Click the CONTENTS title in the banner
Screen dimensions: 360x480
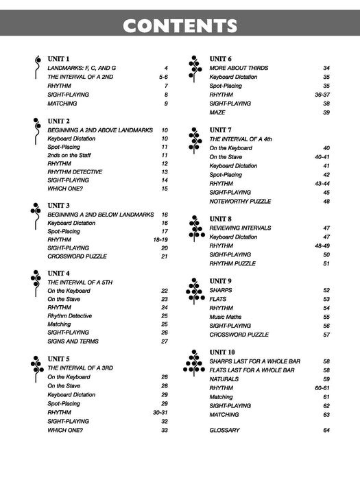180,26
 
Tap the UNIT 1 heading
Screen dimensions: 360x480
58,60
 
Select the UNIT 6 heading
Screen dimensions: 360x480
220,59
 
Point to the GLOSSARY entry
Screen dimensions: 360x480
224,430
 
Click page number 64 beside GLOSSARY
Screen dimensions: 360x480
326,430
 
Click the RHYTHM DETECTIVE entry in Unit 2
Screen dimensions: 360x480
75,172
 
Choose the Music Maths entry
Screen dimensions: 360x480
226,317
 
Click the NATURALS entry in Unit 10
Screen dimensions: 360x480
224,379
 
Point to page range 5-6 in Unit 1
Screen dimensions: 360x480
163,77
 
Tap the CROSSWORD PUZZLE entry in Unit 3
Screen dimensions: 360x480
78,256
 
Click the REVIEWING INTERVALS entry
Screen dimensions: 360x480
240,228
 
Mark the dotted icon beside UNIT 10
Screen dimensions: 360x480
194,363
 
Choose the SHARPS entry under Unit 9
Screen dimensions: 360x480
221,290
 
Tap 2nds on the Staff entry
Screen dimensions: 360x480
73,155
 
